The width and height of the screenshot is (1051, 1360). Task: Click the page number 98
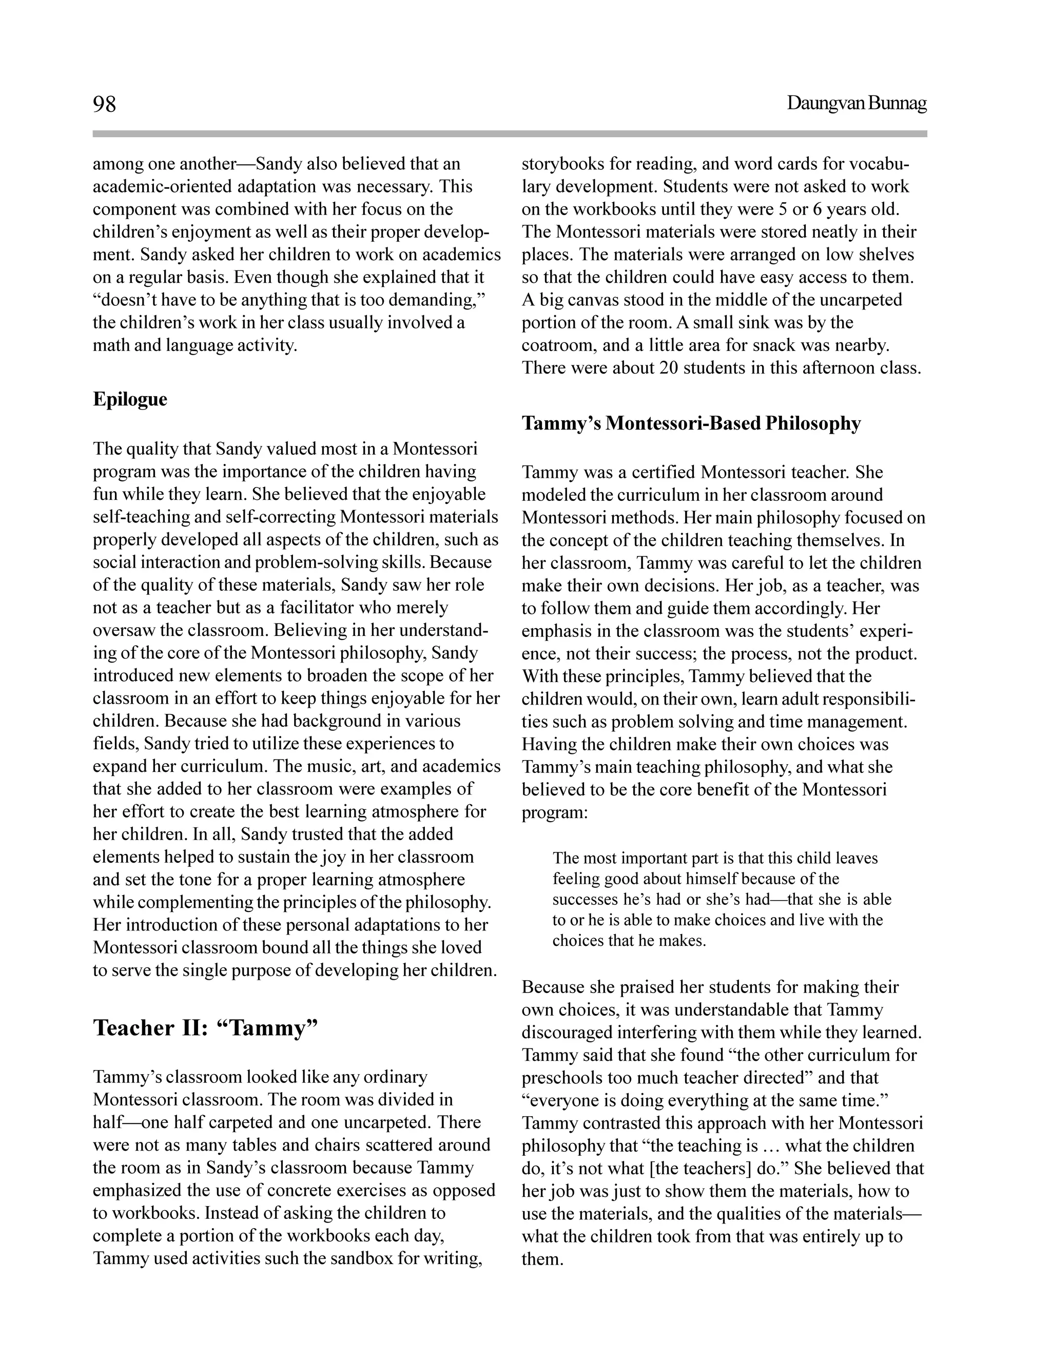[105, 104]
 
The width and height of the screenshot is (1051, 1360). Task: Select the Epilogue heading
[130, 399]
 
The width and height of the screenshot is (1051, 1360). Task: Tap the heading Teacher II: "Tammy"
[205, 1028]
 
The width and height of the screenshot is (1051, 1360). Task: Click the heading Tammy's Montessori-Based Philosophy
[691, 423]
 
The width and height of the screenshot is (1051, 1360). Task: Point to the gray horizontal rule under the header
[509, 133]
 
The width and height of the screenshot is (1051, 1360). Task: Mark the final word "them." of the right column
[542, 1259]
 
